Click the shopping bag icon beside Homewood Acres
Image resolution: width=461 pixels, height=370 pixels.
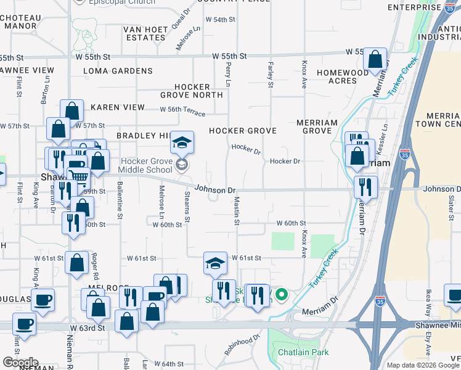tap(375, 60)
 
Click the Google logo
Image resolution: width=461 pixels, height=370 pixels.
tap(20, 363)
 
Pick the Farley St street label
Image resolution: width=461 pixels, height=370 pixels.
tap(270, 74)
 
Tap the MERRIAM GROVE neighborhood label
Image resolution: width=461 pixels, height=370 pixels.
tap(317, 127)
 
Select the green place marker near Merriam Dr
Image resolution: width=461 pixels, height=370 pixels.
tap(282, 295)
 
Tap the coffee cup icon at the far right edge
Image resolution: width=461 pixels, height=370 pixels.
tap(454, 295)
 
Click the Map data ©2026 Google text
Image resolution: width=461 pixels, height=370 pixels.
tap(422, 365)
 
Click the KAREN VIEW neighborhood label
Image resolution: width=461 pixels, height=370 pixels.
tap(118, 107)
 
